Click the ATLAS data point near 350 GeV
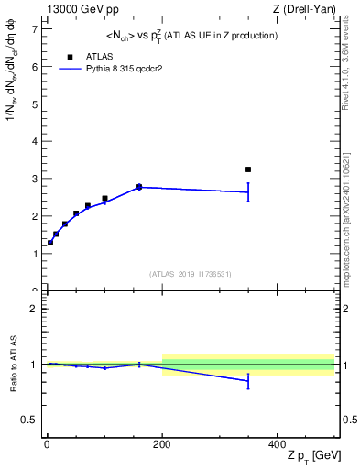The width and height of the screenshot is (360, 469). [x=248, y=169]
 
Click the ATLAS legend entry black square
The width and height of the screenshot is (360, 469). [x=70, y=57]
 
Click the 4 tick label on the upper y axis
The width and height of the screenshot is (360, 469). [x=33, y=142]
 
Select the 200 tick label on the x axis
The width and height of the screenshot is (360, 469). [x=162, y=443]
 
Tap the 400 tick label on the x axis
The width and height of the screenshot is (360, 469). [x=277, y=443]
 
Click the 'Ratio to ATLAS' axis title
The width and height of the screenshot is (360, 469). [x=13, y=365]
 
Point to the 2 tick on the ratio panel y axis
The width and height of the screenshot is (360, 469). [x=33, y=309]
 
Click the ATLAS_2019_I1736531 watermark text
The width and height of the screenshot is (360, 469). [x=191, y=274]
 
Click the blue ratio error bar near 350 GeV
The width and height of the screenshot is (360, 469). [x=248, y=381]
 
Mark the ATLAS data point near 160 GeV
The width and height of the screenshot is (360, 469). [x=139, y=187]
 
